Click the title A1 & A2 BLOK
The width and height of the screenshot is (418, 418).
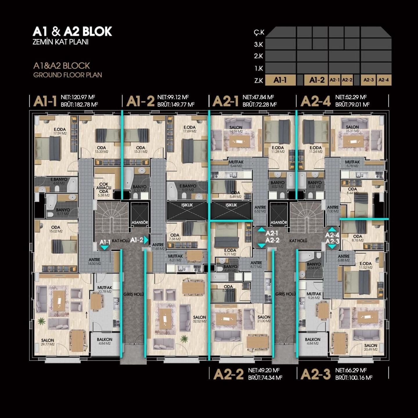72,31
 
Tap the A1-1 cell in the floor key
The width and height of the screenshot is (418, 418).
280,80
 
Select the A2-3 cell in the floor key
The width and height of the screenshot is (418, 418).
368,80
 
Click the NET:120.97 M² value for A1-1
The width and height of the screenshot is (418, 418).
78,97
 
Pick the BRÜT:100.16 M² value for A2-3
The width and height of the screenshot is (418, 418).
354,378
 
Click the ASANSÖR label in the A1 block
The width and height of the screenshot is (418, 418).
140,222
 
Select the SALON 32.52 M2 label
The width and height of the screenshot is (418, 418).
199,319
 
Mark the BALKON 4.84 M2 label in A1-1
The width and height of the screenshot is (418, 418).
105,341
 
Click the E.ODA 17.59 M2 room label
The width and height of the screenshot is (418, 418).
60,131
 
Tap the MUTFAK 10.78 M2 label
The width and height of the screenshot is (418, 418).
105,289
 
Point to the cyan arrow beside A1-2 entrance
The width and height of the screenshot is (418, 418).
146,240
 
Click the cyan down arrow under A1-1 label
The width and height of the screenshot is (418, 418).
104,248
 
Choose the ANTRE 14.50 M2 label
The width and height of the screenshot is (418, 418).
95,262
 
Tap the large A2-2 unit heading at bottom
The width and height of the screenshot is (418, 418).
228,374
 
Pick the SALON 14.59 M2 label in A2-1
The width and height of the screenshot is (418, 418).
236,129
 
